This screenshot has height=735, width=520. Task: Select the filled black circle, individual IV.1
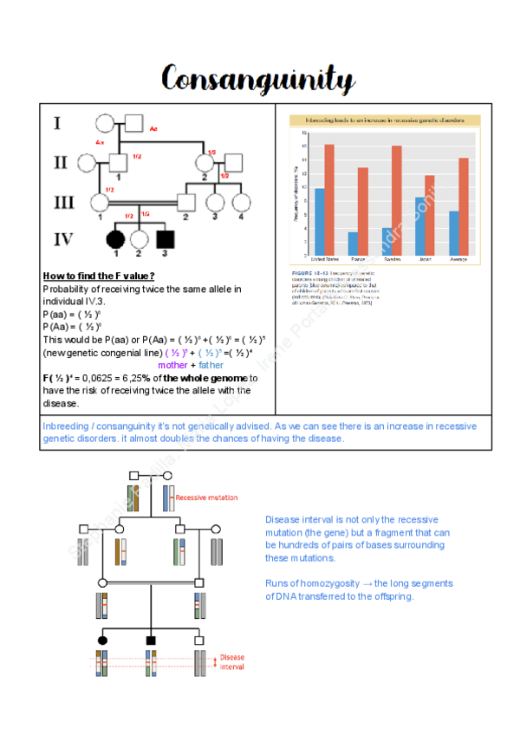pyautogui.click(x=113, y=239)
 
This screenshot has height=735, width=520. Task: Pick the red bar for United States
pyautogui.click(x=329, y=199)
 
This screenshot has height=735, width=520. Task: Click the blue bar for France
pyautogui.click(x=353, y=243)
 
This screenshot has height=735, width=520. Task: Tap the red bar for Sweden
pyautogui.click(x=396, y=200)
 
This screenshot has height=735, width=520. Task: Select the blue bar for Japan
pyautogui.click(x=419, y=225)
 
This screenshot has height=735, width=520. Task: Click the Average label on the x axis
pyautogui.click(x=458, y=259)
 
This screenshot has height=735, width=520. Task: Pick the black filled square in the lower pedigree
pyautogui.click(x=151, y=640)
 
